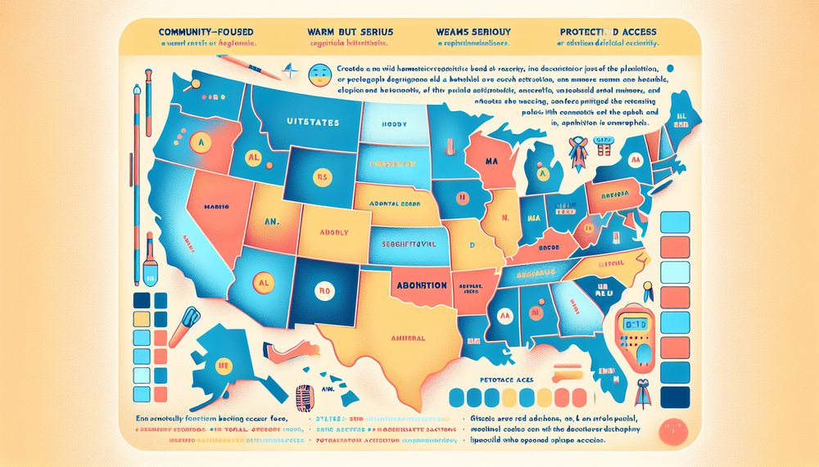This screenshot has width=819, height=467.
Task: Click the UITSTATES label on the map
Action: (313, 120)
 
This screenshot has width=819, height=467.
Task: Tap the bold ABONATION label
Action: (419, 285)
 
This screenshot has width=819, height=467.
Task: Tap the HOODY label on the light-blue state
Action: (395, 126)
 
